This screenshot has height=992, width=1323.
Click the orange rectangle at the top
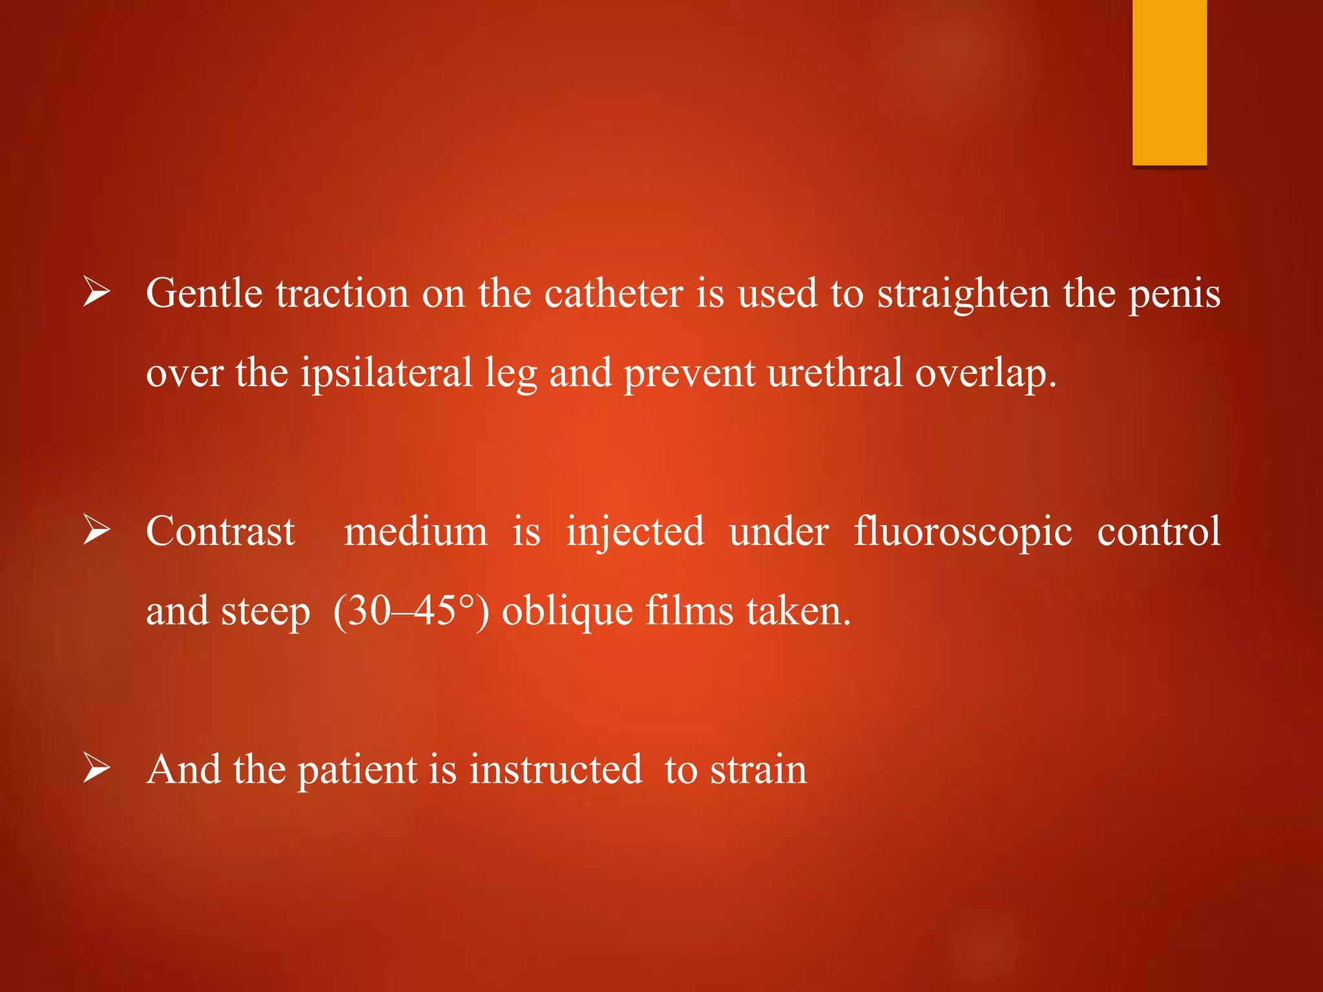[1169, 82]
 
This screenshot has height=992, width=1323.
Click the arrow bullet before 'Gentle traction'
[97, 294]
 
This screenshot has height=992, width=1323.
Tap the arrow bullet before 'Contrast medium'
[97, 532]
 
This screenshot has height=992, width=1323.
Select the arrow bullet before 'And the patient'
[97, 770]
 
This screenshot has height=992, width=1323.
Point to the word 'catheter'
[613, 294]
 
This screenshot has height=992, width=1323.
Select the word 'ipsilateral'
[386, 374]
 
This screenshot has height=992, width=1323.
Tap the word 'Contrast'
[220, 532]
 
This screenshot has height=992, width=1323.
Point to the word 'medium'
[415, 532]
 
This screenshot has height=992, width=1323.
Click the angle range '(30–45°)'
[411, 611]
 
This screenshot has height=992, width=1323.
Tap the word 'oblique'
[567, 612]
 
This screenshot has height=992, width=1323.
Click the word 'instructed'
[556, 770]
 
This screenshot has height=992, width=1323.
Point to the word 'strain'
[758, 770]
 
